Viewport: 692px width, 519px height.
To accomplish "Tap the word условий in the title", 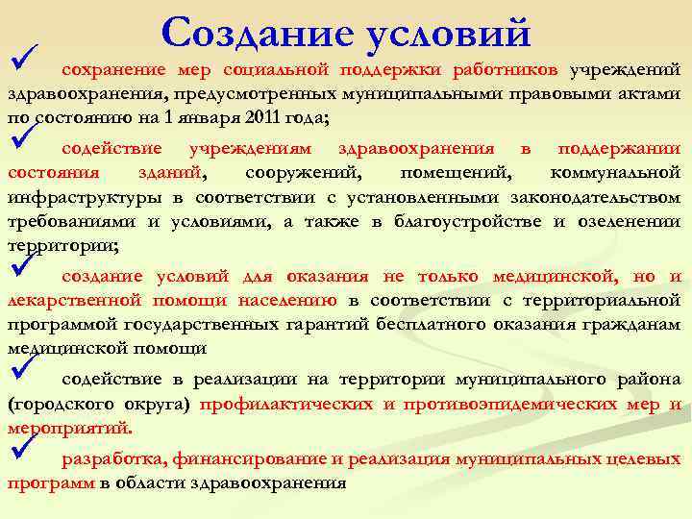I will pyautogui.click(x=448, y=32).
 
